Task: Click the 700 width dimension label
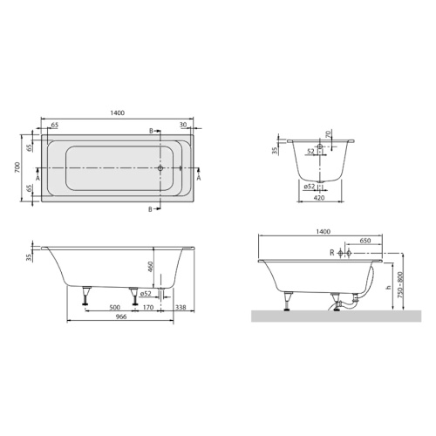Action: (x=17, y=167)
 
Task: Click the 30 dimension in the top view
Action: (x=183, y=125)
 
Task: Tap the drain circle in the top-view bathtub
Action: (x=160, y=168)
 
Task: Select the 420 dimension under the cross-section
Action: (x=319, y=198)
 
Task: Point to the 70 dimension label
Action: (x=328, y=134)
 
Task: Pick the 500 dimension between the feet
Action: (x=115, y=307)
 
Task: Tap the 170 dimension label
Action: (x=148, y=307)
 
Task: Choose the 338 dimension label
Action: (x=181, y=307)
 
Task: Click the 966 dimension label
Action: (x=120, y=317)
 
